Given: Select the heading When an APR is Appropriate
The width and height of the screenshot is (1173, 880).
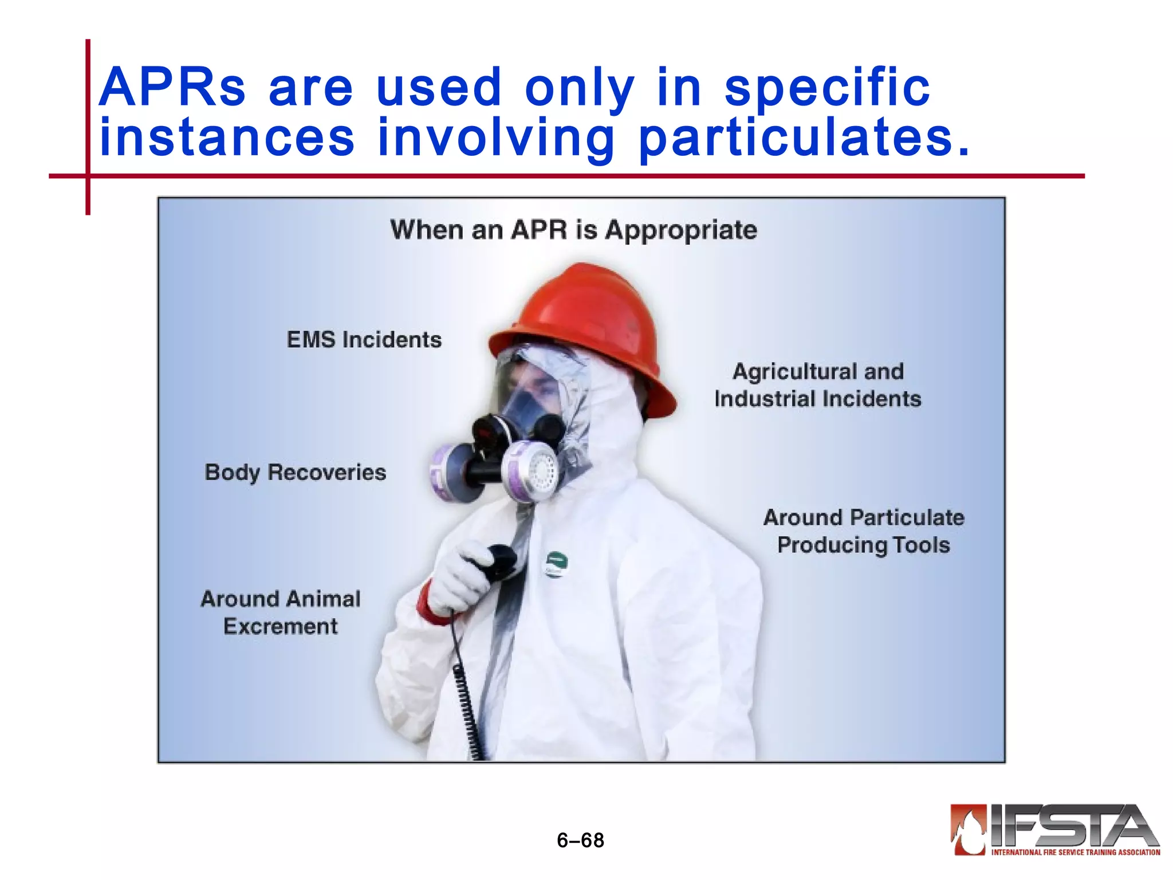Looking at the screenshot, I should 573,230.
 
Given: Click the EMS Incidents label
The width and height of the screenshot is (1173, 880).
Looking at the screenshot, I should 364,340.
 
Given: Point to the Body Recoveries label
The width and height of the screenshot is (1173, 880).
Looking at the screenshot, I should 296,473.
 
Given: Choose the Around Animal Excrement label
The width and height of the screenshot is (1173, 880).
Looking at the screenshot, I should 281,612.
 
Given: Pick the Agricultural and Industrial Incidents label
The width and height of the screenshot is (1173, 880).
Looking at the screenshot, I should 818,385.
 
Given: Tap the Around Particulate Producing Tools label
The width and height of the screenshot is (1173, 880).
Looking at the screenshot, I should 864,531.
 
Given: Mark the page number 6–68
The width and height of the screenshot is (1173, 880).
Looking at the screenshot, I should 580,840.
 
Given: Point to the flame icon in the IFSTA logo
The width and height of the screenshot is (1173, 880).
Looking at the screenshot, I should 968,829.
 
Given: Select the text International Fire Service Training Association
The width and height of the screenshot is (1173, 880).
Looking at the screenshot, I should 1076,852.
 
